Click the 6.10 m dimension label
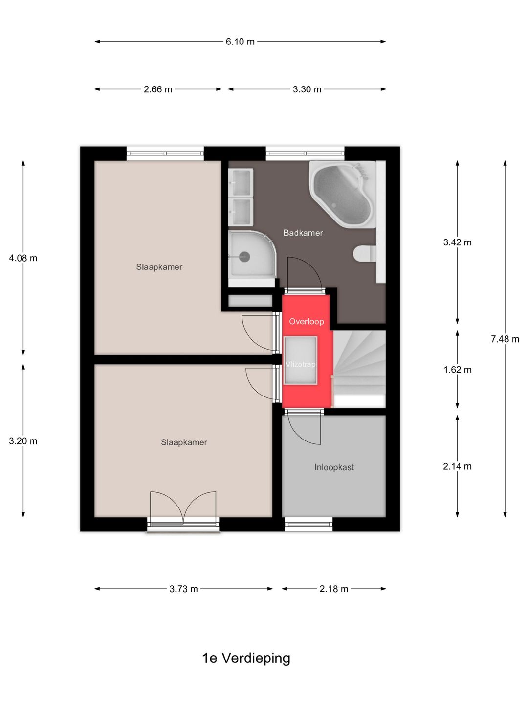pos(240,42)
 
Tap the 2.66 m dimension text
pos(158,89)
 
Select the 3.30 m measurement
pos(307,89)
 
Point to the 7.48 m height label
pos(505,339)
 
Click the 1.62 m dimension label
pos(457,370)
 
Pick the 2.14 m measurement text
pos(457,466)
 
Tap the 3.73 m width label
pos(183,589)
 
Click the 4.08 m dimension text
pos(23,258)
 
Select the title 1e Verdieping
pos(246,658)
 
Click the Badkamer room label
pos(303,233)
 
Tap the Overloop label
pos(307,321)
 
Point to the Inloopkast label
pos(334,467)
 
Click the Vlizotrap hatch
pos(300,360)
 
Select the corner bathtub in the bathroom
pos(342,195)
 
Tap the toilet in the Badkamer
pos(365,253)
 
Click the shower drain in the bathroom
pos(244,256)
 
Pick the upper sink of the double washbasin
pos(241,182)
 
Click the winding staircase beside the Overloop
pos(359,369)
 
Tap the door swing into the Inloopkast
pos(304,429)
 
